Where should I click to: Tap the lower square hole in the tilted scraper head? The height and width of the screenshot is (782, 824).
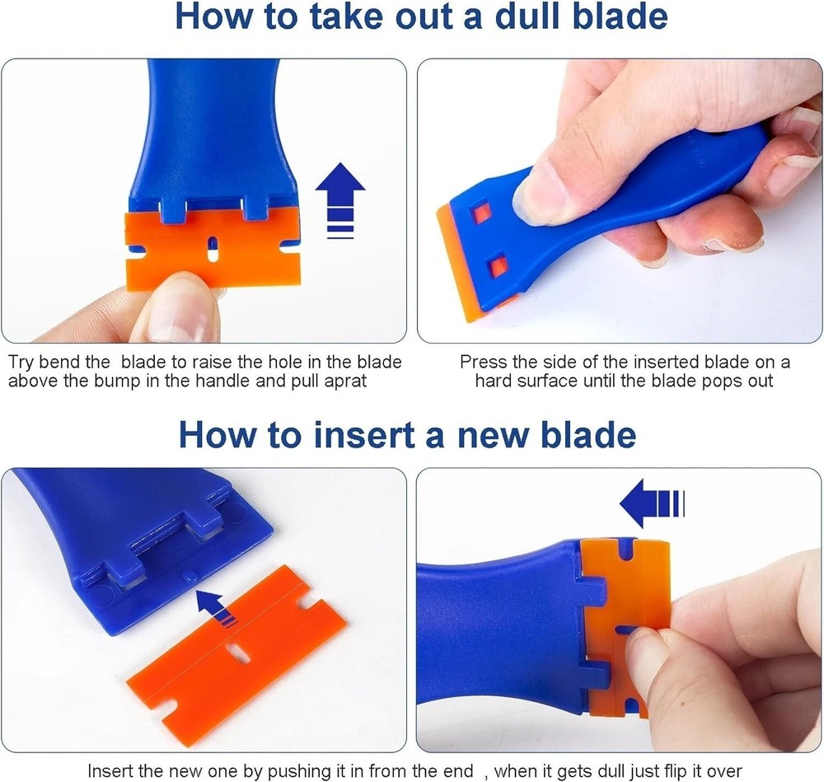pos(497,266)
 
